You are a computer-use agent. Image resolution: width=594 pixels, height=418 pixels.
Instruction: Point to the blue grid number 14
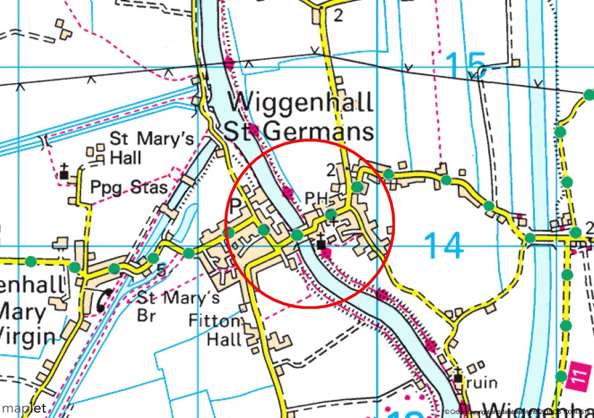pyautogui.click(x=443, y=246)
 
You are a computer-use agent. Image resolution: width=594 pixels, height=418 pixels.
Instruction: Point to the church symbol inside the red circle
pyautogui.click(x=322, y=245)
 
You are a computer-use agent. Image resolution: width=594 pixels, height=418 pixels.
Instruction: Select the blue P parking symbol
pyautogui.click(x=235, y=206)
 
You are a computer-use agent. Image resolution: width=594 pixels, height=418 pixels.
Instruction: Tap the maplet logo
pyautogui.click(x=24, y=408)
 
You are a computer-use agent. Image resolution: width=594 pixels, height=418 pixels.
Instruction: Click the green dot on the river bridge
pyautogui.click(x=297, y=234)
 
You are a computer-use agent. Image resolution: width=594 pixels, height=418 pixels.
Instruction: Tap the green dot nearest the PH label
pyautogui.click(x=331, y=214)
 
